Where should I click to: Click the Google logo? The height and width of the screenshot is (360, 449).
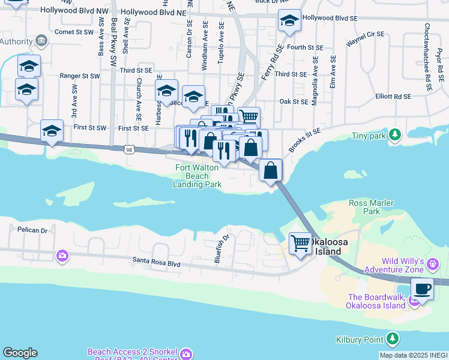tap(20, 353)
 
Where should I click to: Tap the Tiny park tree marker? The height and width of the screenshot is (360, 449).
tap(394, 135)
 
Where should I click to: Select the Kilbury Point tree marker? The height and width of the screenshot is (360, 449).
tap(393, 340)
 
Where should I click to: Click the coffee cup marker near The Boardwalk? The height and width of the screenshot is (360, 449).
tap(423, 289)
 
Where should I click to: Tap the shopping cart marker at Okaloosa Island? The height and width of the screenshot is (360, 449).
tap(300, 244)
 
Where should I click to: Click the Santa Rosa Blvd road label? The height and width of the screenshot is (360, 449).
tap(157, 263)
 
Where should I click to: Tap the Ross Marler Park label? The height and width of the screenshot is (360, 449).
tap(372, 207)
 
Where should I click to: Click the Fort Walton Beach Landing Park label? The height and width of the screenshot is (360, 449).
tap(197, 176)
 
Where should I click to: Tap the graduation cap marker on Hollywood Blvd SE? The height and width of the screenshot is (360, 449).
tap(289, 22)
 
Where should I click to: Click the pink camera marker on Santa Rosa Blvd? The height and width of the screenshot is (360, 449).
tap(62, 257)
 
